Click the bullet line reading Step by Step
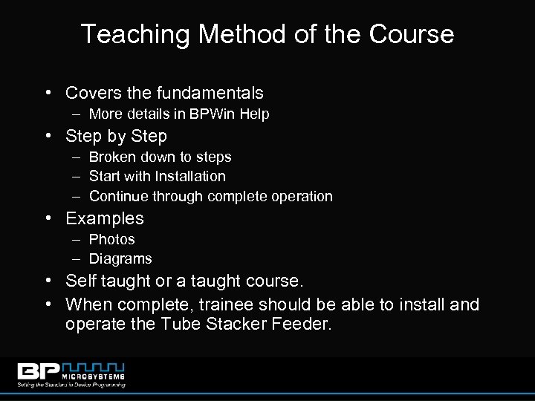(x=116, y=136)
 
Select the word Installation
(x=189, y=176)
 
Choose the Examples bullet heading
(x=105, y=218)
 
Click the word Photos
(x=111, y=239)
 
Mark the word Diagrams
(x=120, y=258)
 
